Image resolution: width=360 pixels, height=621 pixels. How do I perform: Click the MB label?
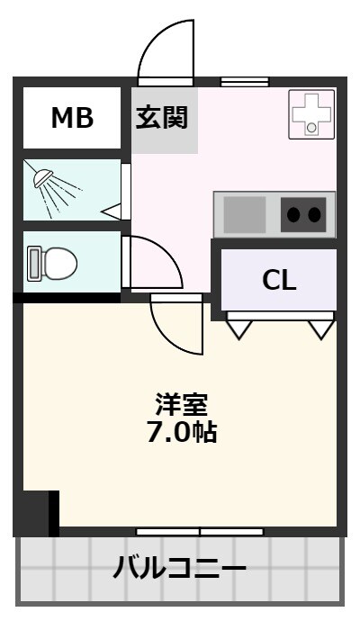[72, 118]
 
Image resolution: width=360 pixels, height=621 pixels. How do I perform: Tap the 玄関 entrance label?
[162, 118]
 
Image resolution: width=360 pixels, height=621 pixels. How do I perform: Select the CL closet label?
[279, 281]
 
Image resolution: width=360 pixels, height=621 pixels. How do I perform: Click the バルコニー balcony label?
[180, 569]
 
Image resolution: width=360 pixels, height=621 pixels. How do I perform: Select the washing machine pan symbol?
[311, 114]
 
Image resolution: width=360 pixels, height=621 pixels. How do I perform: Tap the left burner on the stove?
[294, 214]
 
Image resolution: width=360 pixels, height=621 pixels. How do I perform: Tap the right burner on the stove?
[314, 214]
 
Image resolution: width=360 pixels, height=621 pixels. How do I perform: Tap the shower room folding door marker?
[112, 211]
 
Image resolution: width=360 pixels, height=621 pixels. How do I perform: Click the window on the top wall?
[245, 82]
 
